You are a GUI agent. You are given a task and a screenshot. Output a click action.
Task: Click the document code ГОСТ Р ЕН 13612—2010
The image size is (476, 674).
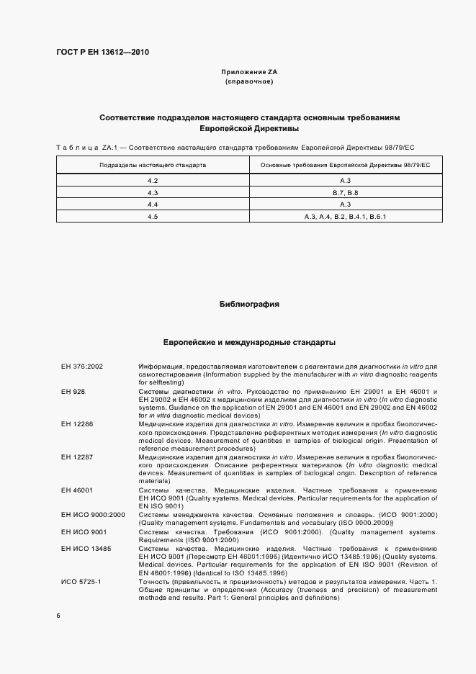pyautogui.click(x=103, y=52)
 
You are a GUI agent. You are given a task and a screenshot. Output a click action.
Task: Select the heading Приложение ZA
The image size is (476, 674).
pyautogui.click(x=248, y=73)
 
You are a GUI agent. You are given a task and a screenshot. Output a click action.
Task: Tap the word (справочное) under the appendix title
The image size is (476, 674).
pyautogui.click(x=248, y=83)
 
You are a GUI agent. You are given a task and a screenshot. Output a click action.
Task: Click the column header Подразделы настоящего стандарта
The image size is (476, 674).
pyautogui.click(x=153, y=166)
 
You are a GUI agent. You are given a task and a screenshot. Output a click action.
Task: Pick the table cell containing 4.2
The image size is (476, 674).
pyautogui.click(x=153, y=179)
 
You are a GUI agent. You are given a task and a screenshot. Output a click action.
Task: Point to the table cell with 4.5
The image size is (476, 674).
pyautogui.click(x=153, y=217)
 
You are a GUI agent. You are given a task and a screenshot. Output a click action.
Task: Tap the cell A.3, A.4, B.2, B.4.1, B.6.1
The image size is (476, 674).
pyautogui.click(x=345, y=217)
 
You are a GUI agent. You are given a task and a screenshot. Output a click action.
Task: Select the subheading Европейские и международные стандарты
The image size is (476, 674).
pyautogui.click(x=248, y=343)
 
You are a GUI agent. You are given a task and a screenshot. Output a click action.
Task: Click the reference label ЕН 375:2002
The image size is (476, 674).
pyautogui.click(x=82, y=367)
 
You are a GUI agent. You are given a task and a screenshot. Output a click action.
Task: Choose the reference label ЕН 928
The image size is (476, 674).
pyautogui.click(x=73, y=390)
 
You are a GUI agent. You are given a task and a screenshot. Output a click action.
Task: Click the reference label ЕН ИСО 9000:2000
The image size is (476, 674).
pyautogui.click(x=94, y=514)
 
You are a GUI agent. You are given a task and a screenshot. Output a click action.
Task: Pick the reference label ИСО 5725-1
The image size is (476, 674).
pyautogui.click(x=81, y=580)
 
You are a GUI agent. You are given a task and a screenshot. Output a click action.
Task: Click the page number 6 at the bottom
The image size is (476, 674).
pyautogui.click(x=58, y=616)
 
